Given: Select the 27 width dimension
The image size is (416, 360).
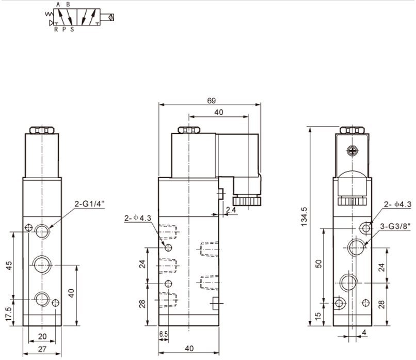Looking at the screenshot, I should click(42, 350).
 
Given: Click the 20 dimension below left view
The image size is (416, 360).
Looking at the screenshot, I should click(42, 336).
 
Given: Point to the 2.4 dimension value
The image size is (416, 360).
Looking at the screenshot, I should click(231, 210).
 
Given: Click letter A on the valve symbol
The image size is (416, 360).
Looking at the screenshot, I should click(58, 4).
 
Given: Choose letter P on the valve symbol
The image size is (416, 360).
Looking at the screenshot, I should click(63, 29).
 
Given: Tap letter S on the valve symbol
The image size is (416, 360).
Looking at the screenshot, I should click(72, 29).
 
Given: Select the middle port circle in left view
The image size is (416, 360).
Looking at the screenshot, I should click(42, 265).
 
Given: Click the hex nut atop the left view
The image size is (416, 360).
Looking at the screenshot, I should click(42, 131).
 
